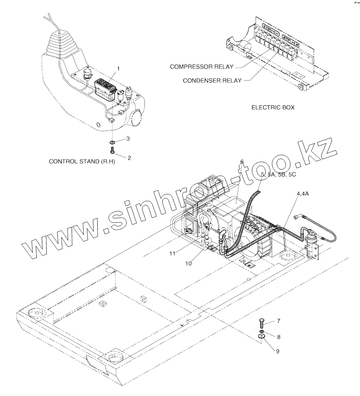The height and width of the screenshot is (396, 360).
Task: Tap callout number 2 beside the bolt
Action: pyautogui.click(x=129, y=157)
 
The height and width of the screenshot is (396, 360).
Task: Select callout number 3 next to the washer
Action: pyautogui.click(x=128, y=139)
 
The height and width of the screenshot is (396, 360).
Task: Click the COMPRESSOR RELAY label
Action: pyautogui.click(x=201, y=66)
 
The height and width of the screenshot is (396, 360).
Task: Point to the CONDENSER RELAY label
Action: pyautogui.click(x=212, y=80)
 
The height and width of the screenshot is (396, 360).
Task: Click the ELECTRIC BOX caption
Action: pyautogui.click(x=273, y=107)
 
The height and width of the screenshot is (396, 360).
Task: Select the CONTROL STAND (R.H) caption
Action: pyautogui.click(x=81, y=161)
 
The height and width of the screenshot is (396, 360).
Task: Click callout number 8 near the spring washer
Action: pyautogui.click(x=278, y=337)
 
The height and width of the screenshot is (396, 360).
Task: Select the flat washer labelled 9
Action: pyautogui.click(x=261, y=336)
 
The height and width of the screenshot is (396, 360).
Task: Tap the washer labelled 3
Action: pyautogui.click(x=113, y=142)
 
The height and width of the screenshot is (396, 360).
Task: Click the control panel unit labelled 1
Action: pyautogui.click(x=105, y=87)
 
